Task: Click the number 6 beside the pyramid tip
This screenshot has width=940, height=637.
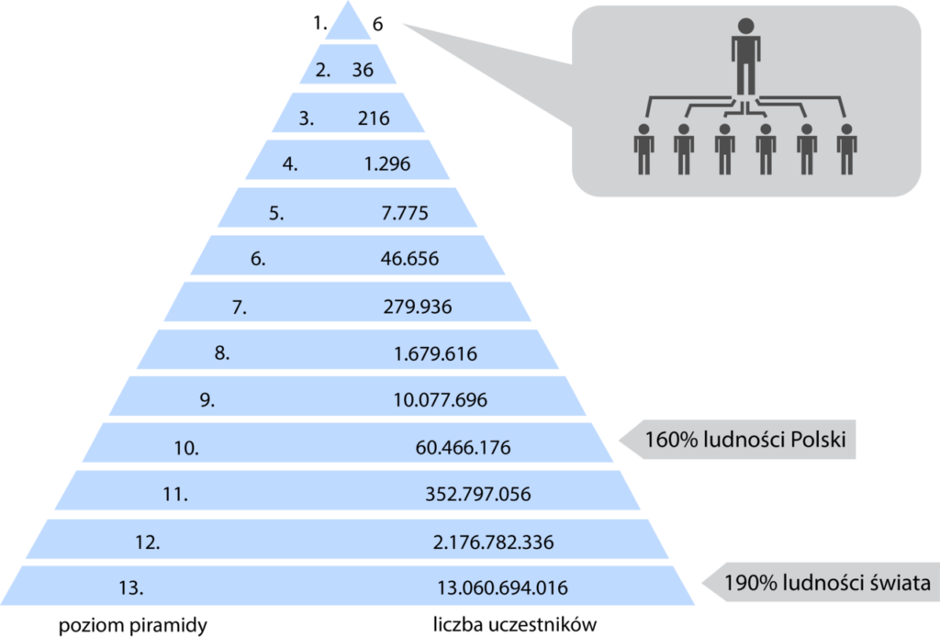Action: (x=377, y=25)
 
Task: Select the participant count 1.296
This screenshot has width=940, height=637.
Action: (x=387, y=164)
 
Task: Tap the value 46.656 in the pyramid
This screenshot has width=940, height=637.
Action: (x=409, y=259)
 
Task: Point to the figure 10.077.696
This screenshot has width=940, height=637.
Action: (x=440, y=400)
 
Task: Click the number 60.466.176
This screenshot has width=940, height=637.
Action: (x=463, y=448)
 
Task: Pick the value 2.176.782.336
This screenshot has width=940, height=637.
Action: (x=493, y=542)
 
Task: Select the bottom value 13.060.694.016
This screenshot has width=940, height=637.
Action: (x=502, y=587)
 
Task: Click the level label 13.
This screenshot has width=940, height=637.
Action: (x=131, y=587)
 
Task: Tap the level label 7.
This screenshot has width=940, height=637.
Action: (x=240, y=307)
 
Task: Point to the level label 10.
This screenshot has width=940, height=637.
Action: (x=186, y=448)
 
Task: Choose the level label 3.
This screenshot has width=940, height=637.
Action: (x=307, y=118)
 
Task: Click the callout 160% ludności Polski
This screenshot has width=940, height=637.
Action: (x=745, y=440)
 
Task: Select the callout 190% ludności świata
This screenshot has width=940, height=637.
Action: (x=827, y=583)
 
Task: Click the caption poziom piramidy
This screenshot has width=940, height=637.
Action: (x=133, y=626)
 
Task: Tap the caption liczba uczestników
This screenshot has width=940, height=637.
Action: (x=515, y=624)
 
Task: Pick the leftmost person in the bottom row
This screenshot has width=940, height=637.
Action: (x=643, y=150)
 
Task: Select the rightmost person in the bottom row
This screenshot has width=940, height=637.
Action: (x=846, y=150)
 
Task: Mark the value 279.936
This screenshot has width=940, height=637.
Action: (x=418, y=307)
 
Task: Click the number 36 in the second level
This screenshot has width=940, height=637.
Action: (x=363, y=70)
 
